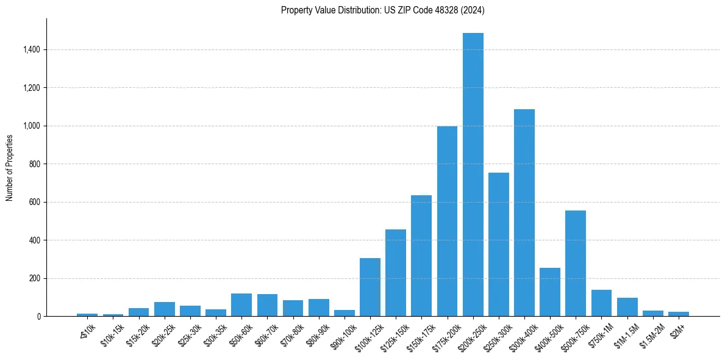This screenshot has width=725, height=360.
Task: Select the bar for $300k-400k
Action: (x=524, y=213)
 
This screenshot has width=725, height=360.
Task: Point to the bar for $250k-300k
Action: (x=498, y=245)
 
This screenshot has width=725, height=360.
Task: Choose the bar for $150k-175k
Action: (x=421, y=256)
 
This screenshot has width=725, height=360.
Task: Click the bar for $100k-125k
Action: (x=370, y=287)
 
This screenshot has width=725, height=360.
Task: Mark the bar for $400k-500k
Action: (x=549, y=292)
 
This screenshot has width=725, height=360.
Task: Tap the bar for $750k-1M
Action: (x=601, y=303)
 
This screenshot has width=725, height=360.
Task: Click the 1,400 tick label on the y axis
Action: (x=32, y=49)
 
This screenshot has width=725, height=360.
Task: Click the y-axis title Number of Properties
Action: (x=9, y=167)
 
